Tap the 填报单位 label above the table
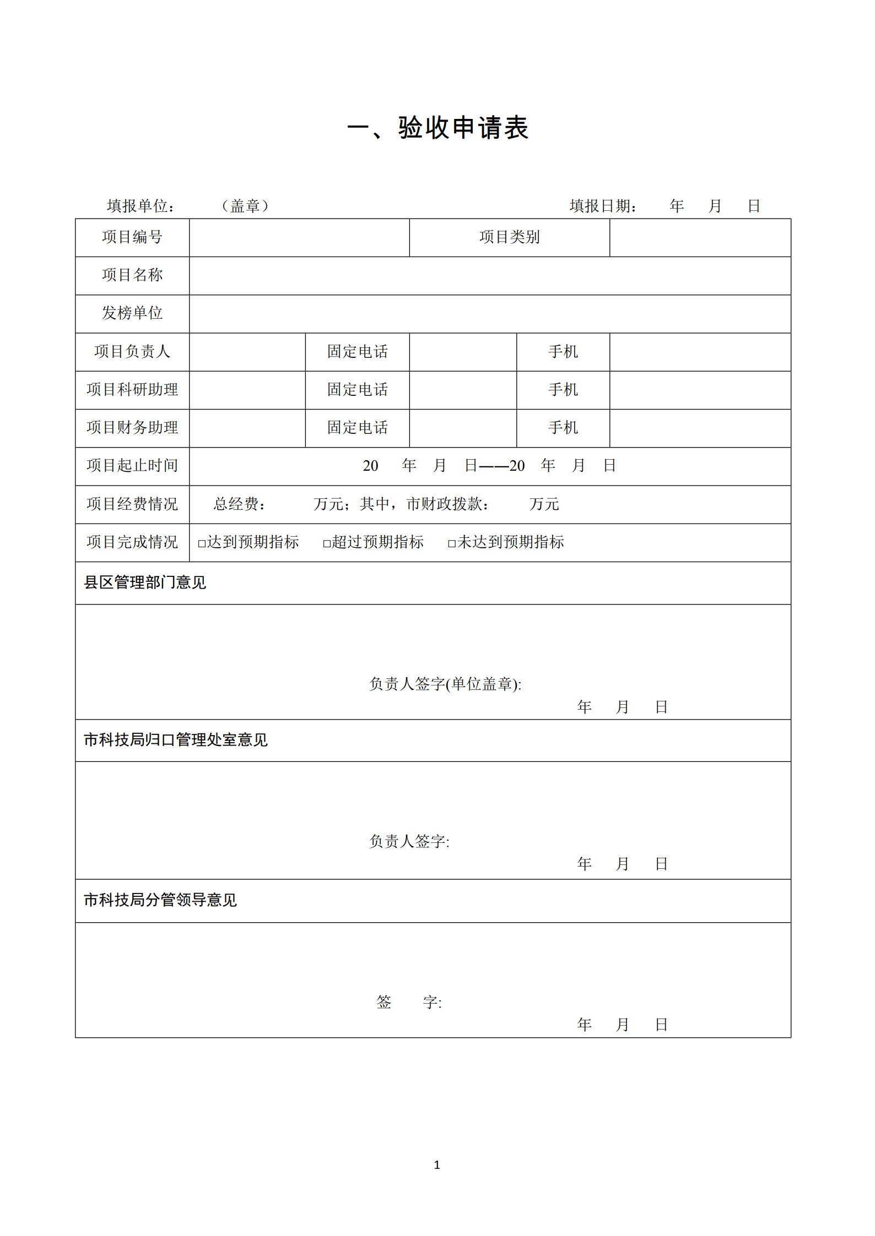point(141,206)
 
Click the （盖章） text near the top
point(245,206)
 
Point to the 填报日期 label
point(603,206)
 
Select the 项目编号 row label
point(132,237)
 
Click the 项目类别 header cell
point(509,237)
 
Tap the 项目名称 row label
point(132,275)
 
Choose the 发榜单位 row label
point(132,313)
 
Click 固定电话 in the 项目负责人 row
point(357,351)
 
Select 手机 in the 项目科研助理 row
point(563,390)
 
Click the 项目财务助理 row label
point(132,428)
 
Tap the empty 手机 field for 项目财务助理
point(700,428)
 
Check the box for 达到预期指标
point(202,543)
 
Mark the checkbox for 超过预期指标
point(327,543)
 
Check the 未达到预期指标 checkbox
point(452,543)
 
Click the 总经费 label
point(239,504)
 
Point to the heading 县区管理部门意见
point(145,582)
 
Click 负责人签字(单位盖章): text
point(445,684)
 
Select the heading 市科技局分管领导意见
point(160,900)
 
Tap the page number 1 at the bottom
point(437,1164)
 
